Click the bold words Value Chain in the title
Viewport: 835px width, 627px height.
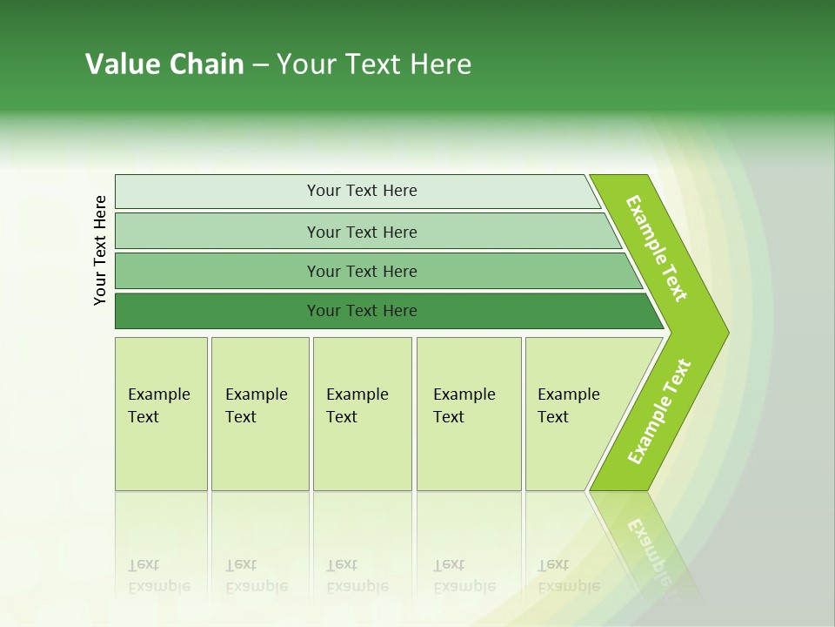(x=164, y=64)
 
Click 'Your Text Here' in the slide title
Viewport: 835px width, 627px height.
(x=374, y=64)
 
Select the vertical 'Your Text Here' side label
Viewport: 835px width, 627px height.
(x=100, y=250)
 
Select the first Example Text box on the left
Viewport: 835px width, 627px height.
(x=161, y=414)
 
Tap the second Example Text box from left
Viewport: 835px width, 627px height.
(x=259, y=414)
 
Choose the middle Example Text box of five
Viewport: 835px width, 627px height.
(x=362, y=414)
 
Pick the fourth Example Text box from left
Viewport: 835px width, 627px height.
(x=468, y=414)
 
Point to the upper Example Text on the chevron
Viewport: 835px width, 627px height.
(x=657, y=248)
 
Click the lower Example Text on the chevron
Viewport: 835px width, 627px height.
(x=659, y=412)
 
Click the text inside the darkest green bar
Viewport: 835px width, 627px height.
(x=362, y=311)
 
